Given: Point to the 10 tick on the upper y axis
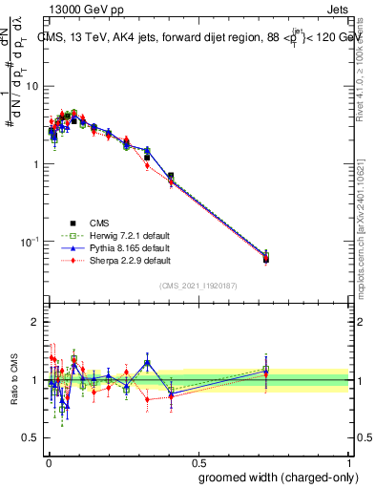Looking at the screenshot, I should pyautogui.click(x=35, y=86).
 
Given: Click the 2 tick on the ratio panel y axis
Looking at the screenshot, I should pyautogui.click(x=38, y=322).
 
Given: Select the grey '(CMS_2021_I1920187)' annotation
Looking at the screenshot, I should pyautogui.click(x=198, y=285).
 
